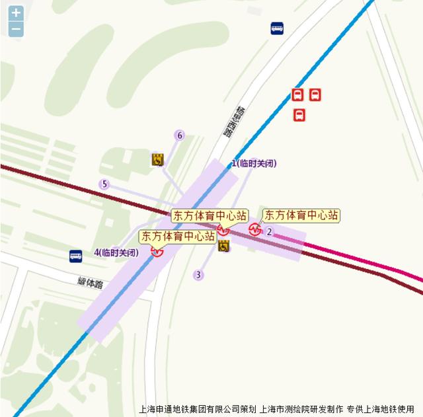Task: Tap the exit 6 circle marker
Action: [x=179, y=135]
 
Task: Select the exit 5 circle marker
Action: [x=104, y=184]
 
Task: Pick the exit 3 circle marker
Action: [x=198, y=275]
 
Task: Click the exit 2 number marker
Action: [x=270, y=231]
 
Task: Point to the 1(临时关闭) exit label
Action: [x=253, y=163]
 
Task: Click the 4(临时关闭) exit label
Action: [x=116, y=252]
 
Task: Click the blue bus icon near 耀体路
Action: [x=76, y=255]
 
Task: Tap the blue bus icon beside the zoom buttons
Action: [x=277, y=28]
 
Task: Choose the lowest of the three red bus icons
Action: [x=299, y=115]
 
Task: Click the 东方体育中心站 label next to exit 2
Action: [x=301, y=215]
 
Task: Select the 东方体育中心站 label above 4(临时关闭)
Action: [x=178, y=236]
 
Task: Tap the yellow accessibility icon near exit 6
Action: [x=157, y=159]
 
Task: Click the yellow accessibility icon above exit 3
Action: [x=223, y=246]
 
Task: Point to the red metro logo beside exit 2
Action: [x=255, y=230]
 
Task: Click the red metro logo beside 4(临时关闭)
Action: [x=157, y=251]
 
